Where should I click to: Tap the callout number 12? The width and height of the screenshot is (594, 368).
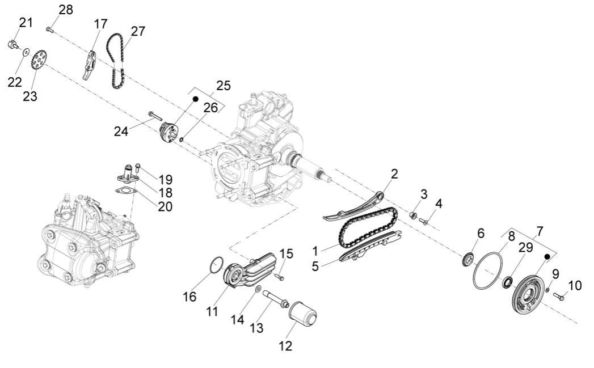285,345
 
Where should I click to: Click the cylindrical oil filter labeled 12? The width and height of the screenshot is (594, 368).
302,318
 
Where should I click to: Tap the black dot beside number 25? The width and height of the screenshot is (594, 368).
195,98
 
